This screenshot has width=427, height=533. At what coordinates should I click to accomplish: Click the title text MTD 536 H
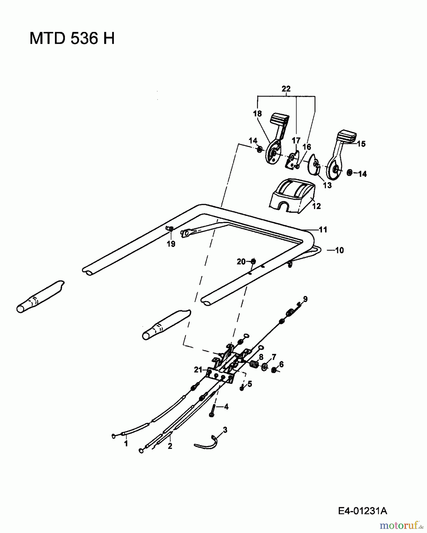(x=72, y=38)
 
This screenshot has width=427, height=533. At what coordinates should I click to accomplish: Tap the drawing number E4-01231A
(x=363, y=511)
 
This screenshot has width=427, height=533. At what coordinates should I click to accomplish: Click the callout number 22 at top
(x=286, y=89)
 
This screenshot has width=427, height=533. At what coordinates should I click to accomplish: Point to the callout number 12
(x=316, y=206)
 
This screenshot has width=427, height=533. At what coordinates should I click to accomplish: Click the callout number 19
(x=171, y=244)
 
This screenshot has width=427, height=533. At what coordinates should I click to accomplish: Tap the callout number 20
(x=241, y=261)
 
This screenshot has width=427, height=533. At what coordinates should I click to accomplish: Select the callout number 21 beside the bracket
(x=198, y=370)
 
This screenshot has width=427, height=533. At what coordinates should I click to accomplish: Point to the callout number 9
(x=305, y=299)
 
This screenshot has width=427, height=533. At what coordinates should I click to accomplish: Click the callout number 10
(x=339, y=250)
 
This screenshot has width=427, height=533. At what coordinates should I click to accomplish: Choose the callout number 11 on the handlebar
(x=323, y=229)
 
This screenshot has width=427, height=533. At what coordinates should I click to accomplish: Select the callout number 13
(x=327, y=185)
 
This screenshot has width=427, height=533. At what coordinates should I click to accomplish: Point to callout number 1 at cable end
(x=126, y=444)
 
